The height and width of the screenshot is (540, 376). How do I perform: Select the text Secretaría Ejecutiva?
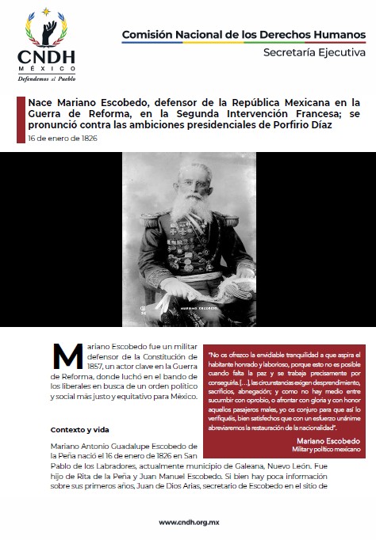pos(314,52)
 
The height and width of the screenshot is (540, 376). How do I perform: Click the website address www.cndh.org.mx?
pos(187,523)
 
